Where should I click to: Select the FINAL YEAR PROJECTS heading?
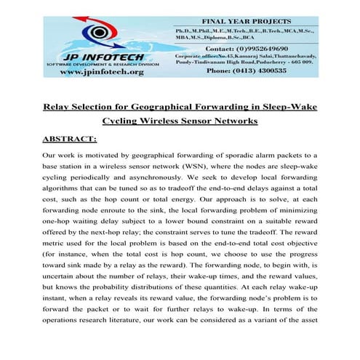tap(259, 22)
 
